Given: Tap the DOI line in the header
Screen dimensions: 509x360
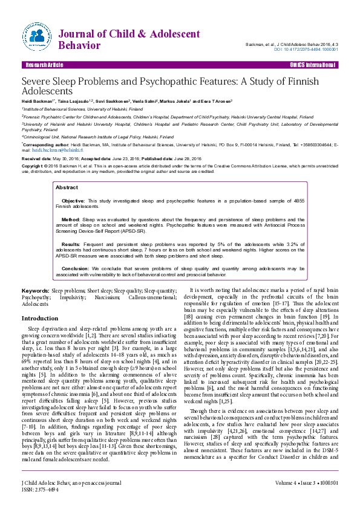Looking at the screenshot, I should (306, 49).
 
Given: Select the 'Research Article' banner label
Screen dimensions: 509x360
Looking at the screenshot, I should (43, 64).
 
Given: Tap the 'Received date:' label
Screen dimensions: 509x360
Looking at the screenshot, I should (36, 157).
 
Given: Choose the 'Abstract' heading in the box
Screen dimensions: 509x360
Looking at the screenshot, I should (67, 187).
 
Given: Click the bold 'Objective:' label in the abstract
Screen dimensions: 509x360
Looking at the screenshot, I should (74, 199).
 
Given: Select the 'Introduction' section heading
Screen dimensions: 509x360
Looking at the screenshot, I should (40, 318).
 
